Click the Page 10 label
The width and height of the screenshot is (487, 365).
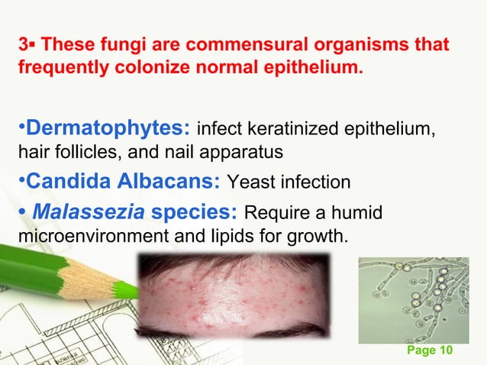431,350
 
